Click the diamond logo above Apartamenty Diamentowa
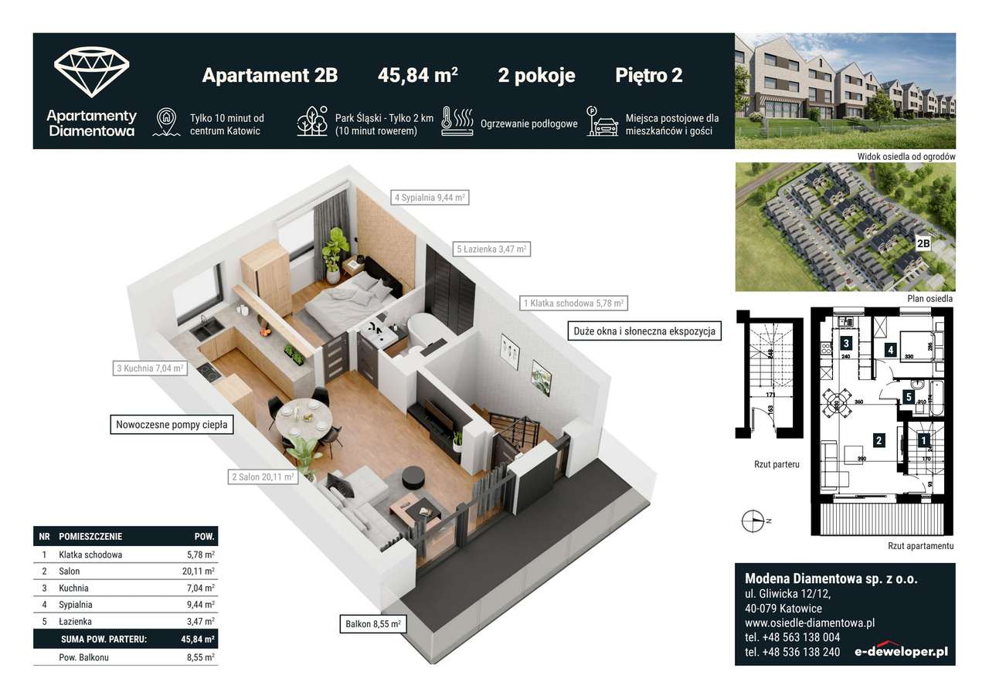point(91,72)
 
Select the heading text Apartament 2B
point(270,76)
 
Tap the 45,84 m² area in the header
point(417,76)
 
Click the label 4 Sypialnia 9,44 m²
point(430,197)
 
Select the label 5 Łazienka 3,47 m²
point(492,249)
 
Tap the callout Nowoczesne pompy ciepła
point(172,424)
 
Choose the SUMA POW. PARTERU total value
point(197,640)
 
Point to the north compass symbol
point(753,521)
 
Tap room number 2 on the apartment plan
point(879,441)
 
